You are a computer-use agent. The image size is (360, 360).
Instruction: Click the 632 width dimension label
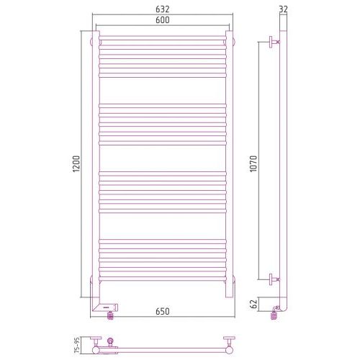163,9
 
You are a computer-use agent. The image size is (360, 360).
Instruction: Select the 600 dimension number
163,20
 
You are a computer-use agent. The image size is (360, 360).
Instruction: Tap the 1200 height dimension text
76,163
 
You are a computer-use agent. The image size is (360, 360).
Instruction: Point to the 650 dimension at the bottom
163,311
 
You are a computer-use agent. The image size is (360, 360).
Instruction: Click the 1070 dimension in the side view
253,163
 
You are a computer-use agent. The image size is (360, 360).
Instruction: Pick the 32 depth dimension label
284,9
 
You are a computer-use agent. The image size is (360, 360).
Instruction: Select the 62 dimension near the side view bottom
253,304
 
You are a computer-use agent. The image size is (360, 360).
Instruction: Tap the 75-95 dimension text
76,345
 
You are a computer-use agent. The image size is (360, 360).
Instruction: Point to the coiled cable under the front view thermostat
110,316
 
